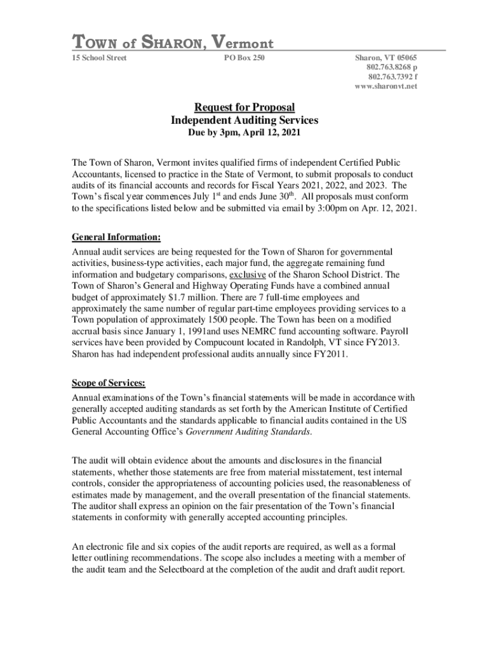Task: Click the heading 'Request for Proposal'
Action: pos(245,107)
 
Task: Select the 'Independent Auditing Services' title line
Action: pos(245,120)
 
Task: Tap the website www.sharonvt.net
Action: pos(386,86)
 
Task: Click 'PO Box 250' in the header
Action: pos(245,58)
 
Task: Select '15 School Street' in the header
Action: pos(100,58)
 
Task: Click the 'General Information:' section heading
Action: pos(116,237)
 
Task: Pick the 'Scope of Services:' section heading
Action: pos(109,383)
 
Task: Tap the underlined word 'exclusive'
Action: pos(247,275)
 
